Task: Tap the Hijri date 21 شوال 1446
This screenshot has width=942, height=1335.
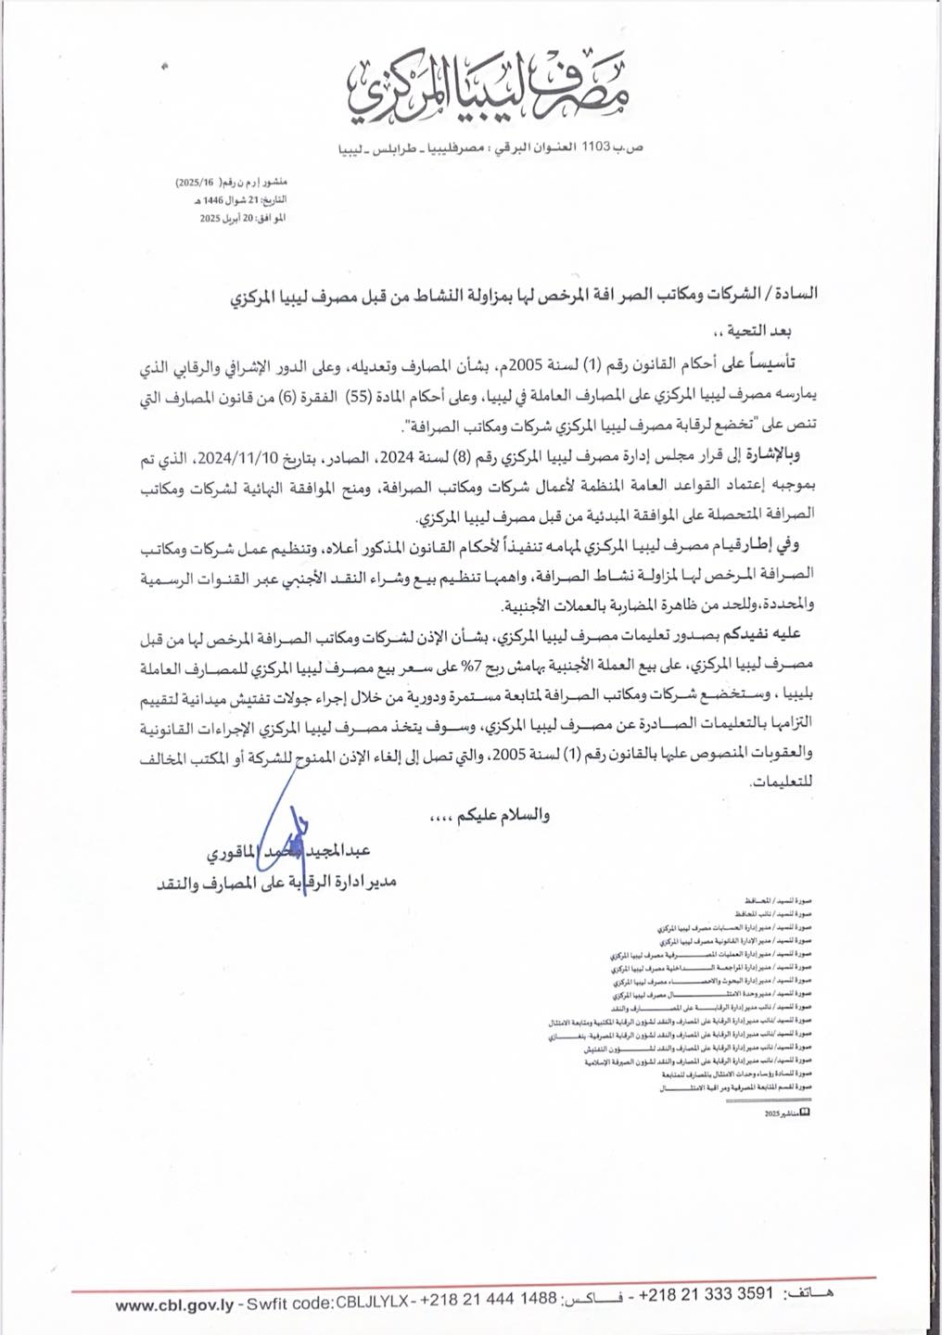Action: coord(231,200)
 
